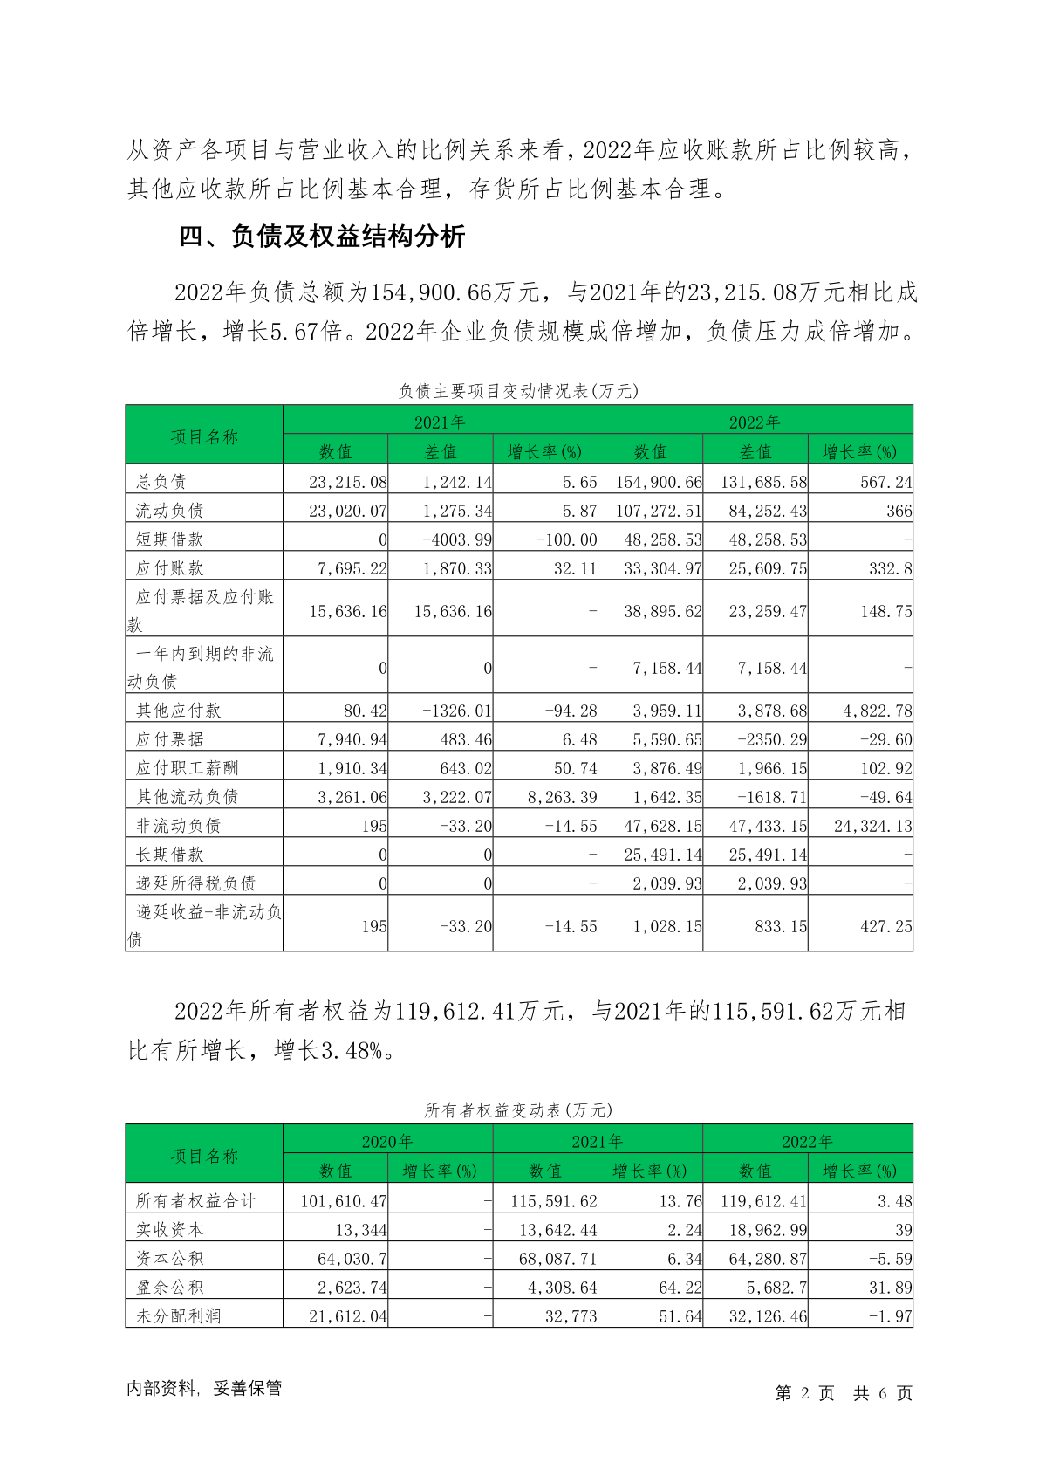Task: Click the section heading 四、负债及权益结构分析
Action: pos(322,237)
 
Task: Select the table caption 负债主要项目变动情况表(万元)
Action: pos(519,391)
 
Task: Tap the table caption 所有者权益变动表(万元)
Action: pos(519,1110)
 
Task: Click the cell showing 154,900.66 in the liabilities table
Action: pos(659,482)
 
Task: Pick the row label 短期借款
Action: pos(169,539)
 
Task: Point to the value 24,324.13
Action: pos(872,826)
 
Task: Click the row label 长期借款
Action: pos(169,855)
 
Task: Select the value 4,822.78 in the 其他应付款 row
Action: pos(877,711)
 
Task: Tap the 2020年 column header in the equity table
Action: pos(387,1142)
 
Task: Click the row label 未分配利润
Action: pos(178,1316)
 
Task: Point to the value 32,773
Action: pos(571,1316)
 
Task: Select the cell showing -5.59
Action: pos(891,1259)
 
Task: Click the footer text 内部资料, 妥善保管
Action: pos(204,1389)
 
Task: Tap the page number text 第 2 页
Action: pos(804,1393)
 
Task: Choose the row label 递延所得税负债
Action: pos(195,883)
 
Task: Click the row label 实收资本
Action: pos(169,1230)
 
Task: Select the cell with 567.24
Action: pos(885,482)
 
